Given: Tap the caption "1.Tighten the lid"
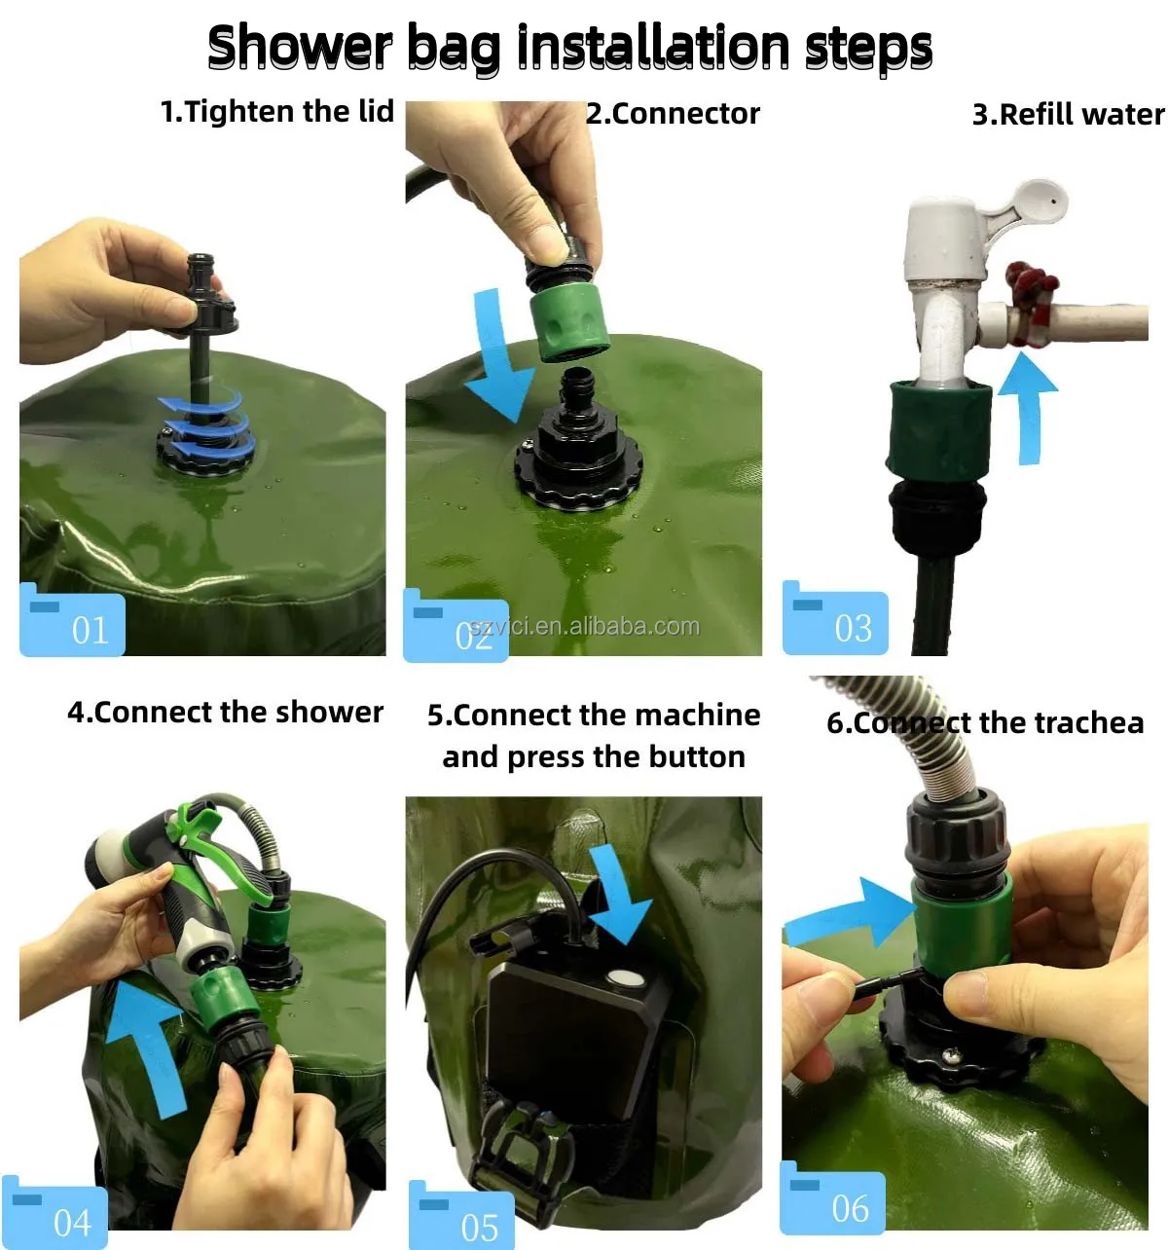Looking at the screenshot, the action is click(277, 111).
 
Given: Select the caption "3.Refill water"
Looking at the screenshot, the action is click(1068, 115).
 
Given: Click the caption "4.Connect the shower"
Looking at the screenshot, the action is click(225, 713).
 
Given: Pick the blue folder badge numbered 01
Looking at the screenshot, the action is click(72, 619).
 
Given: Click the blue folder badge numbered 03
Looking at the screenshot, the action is click(835, 617).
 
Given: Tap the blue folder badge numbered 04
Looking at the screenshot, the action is click(55, 1212).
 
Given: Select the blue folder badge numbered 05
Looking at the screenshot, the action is click(461, 1215).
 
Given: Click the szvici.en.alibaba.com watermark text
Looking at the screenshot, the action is click(584, 627).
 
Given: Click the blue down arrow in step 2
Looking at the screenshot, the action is click(499, 355).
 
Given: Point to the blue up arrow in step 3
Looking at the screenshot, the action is click(1028, 409).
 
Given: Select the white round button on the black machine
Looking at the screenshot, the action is click(624, 979).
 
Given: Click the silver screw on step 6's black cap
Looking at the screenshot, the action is click(953, 1051).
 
